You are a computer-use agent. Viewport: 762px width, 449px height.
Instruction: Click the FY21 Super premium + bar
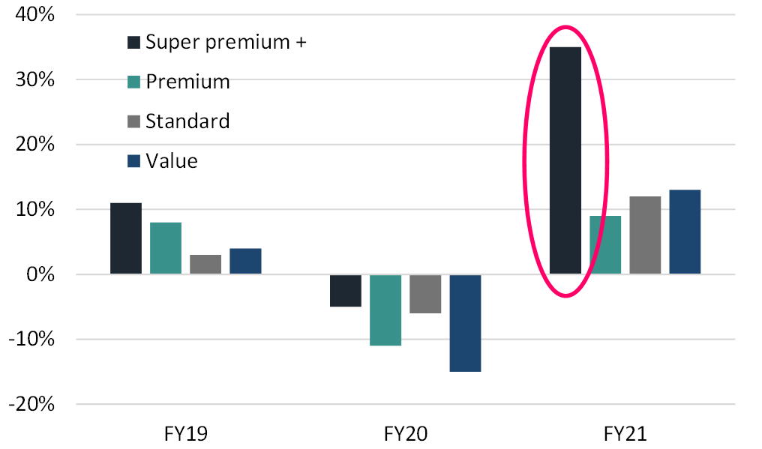pos(565,160)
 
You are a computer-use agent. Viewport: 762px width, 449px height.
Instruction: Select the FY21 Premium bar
pos(605,245)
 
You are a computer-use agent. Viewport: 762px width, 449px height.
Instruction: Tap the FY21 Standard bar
pos(645,235)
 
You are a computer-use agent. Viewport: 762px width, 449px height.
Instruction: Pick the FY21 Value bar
pos(685,232)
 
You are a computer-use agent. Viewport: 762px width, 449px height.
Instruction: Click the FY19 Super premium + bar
pos(126,238)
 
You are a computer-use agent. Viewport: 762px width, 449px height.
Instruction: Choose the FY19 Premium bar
pos(166,248)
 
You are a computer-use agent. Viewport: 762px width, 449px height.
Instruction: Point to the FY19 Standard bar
pos(205,265)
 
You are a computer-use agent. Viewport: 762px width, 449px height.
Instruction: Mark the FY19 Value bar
pos(245,261)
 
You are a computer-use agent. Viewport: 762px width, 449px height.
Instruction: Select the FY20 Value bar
pos(465,323)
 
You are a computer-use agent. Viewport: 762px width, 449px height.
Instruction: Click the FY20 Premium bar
pos(385,310)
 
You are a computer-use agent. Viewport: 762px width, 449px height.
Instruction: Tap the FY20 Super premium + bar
pos(346,291)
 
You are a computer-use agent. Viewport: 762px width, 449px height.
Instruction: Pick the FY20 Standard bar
pos(425,294)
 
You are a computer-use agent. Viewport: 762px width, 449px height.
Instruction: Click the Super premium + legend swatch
pos(134,42)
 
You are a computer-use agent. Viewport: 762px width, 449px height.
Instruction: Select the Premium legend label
pos(187,82)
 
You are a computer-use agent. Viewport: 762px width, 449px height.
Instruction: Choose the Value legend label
pos(172,160)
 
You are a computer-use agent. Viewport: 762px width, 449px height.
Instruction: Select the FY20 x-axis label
pos(406,434)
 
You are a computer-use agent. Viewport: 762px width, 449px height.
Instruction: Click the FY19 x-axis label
pos(185,434)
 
